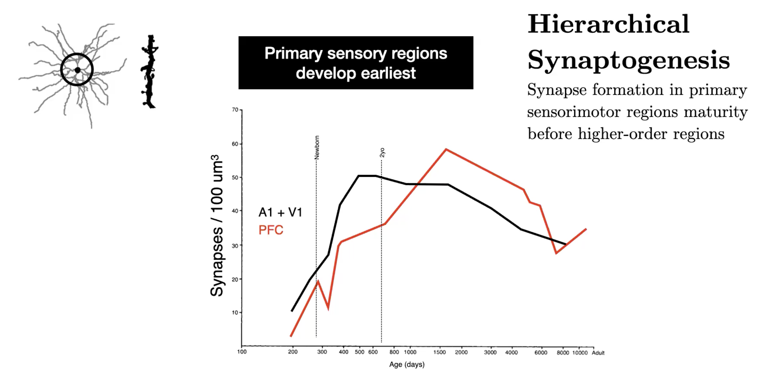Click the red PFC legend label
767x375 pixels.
pyautogui.click(x=271, y=230)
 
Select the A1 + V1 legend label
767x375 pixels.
pyautogui.click(x=280, y=213)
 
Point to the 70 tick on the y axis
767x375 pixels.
pyautogui.click(x=235, y=110)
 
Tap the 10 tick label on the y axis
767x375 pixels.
pyautogui.click(x=235, y=312)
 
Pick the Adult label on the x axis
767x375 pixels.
pyautogui.click(x=598, y=353)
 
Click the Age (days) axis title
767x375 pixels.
pyautogui.click(x=407, y=365)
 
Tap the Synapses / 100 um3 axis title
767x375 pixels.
pyautogui.click(x=217, y=226)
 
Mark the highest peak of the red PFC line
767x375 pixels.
pyautogui.click(x=446, y=149)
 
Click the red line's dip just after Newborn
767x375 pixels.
pyautogui.click(x=328, y=308)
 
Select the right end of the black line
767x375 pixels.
pyautogui.click(x=566, y=244)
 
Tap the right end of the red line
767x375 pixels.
pyautogui.click(x=586, y=229)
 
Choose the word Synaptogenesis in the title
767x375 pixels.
pyautogui.click(x=629, y=60)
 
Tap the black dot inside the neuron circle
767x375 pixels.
pyautogui.click(x=78, y=70)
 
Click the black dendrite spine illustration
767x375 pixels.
pyautogui.click(x=149, y=71)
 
